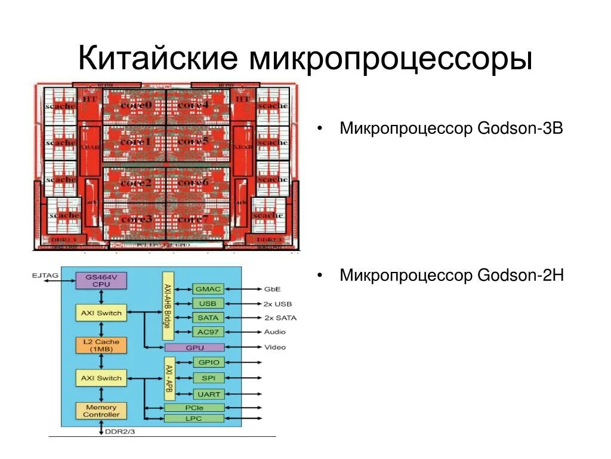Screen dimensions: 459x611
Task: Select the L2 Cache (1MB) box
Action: [x=101, y=345]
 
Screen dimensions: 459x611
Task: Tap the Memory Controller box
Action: [x=101, y=411]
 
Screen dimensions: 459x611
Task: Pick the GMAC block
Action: [x=208, y=289]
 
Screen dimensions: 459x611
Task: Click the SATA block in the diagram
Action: [x=208, y=317]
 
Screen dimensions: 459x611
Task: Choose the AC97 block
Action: [x=208, y=332]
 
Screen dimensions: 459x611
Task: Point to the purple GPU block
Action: [x=194, y=347]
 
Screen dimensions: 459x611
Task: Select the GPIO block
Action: [x=208, y=362]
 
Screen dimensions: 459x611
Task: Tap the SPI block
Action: [x=208, y=378]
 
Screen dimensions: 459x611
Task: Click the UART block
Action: [x=208, y=394]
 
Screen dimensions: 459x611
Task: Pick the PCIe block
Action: [x=194, y=408]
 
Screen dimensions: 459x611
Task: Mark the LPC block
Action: [x=194, y=418]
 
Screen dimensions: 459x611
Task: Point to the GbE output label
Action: [x=273, y=289]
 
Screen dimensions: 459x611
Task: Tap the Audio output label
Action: [x=274, y=332]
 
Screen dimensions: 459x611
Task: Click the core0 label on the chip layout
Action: [x=136, y=105]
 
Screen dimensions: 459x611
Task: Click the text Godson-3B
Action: [x=520, y=128]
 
